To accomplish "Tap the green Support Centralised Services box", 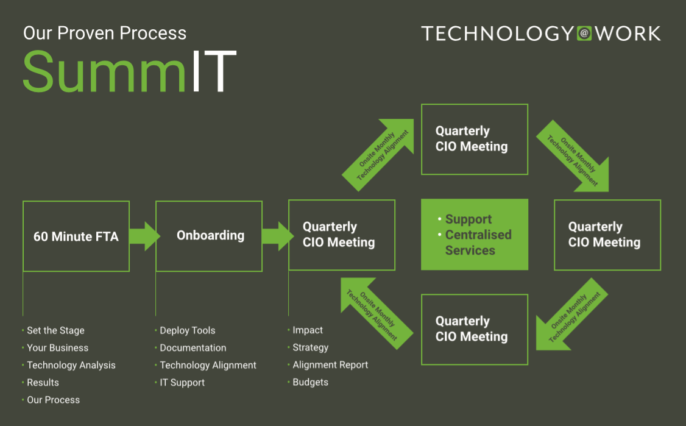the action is (475, 235).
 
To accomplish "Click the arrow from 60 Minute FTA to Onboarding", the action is (145, 236).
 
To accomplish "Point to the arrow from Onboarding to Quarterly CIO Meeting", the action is (278, 236).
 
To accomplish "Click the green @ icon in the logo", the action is (584, 34).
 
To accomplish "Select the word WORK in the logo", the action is (628, 34).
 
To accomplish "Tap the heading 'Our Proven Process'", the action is (105, 34).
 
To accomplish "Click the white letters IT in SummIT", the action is (214, 71).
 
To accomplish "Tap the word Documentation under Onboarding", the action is (193, 348).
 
